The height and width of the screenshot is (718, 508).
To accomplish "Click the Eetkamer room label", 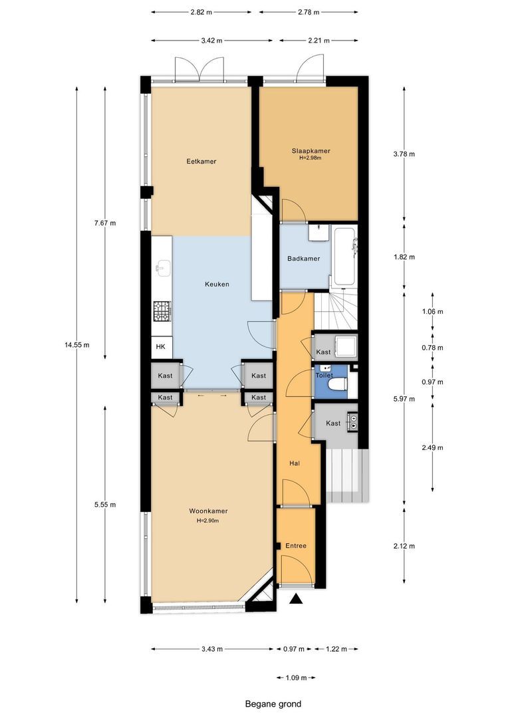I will [x=201, y=162].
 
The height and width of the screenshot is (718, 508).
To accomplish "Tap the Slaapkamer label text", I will [x=311, y=151].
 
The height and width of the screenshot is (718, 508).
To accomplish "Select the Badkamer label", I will [x=304, y=259].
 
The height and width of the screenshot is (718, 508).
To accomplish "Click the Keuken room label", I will [x=217, y=285].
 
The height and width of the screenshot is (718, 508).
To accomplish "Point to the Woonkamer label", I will [x=208, y=511].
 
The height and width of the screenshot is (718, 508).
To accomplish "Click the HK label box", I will [x=160, y=347].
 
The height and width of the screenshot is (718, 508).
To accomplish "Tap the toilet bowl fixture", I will [x=339, y=383].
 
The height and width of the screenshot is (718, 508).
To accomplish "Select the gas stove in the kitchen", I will [x=162, y=310].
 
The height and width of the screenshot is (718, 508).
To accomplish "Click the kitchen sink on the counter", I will [x=162, y=269].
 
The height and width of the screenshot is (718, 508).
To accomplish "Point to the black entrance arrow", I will [x=297, y=600].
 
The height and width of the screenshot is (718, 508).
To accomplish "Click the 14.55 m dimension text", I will [x=77, y=345].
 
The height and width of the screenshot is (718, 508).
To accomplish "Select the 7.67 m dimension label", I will [x=105, y=223].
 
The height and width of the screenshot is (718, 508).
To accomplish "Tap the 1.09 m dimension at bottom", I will [x=295, y=678].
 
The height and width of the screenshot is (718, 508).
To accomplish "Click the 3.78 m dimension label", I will [x=404, y=154].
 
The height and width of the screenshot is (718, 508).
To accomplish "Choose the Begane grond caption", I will [x=273, y=704].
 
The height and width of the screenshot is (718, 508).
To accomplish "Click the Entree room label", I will [x=296, y=546].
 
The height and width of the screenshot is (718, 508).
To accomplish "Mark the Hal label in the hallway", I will [x=294, y=463].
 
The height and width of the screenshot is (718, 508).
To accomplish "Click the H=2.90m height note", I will [x=207, y=521].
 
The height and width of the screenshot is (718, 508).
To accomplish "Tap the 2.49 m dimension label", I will [x=434, y=447].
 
